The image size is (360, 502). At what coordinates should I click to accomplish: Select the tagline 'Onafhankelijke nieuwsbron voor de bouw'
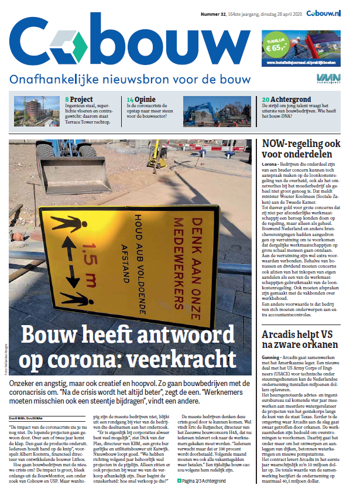click(130, 80)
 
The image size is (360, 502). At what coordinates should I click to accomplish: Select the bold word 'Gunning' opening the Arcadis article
click(272, 357)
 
